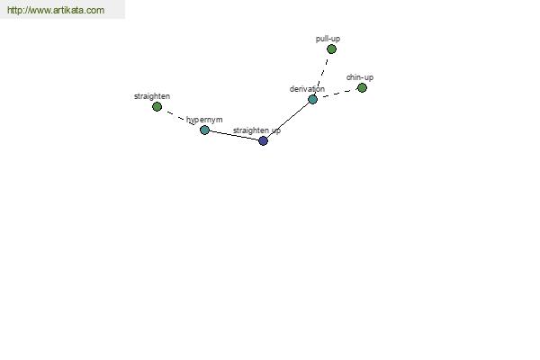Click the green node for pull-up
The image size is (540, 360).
331,49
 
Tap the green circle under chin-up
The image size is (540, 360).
362,88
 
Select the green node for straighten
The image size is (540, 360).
157,107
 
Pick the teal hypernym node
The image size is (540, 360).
204,130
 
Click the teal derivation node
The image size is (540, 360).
312,100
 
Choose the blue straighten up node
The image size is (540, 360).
263,140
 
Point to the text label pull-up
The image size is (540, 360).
328,39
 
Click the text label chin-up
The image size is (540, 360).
360,77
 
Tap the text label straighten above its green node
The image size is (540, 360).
152,96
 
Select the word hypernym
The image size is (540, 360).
204,120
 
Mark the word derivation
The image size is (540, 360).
307,89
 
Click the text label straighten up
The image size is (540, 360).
256,130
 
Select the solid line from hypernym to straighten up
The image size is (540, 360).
234,135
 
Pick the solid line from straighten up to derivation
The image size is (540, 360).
288,121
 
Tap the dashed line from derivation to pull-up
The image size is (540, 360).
322,75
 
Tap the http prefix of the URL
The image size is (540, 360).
14,10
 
